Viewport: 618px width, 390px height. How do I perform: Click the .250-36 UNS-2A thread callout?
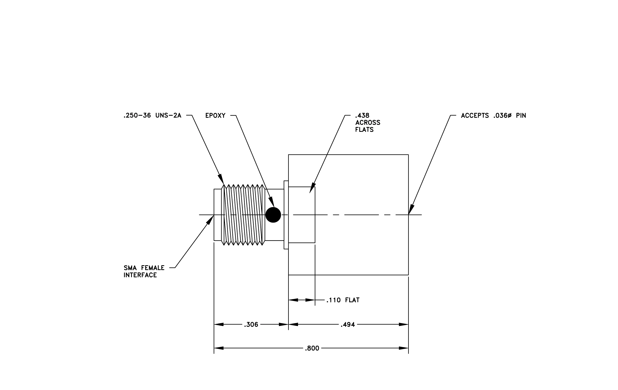tap(152, 116)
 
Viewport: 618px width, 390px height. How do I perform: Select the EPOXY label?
tap(215, 116)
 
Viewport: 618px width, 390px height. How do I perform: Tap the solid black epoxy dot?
tap(273, 215)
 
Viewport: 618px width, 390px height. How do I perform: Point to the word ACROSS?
tap(368, 123)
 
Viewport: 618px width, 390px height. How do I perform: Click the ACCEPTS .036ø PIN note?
tap(494, 116)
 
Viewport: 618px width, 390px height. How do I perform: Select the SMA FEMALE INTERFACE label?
tap(144, 271)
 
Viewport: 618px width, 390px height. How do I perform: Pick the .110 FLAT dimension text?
tap(343, 300)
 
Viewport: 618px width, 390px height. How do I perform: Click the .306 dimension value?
tap(251, 325)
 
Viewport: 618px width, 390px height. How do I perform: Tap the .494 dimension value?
tap(348, 325)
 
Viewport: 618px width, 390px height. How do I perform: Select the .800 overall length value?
tap(312, 348)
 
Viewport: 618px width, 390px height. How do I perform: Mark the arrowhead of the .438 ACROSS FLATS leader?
tap(312, 188)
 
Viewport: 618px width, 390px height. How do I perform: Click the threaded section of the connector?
tap(243, 215)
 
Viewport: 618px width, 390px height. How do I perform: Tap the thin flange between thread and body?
tap(286, 215)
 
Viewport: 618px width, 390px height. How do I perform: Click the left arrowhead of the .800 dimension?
tap(219, 348)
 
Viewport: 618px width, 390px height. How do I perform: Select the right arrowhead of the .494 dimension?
tap(404, 324)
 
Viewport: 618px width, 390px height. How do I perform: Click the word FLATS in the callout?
tap(364, 130)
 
